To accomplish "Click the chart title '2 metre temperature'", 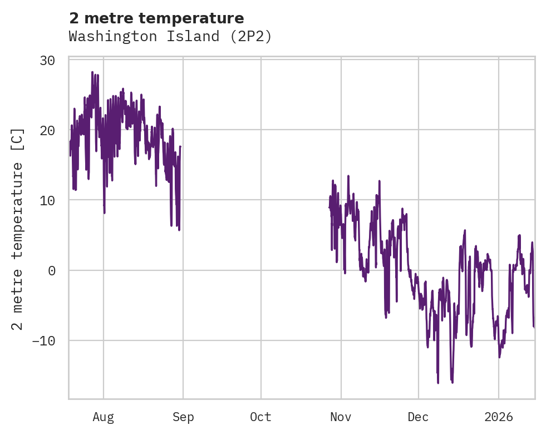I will pos(156,18).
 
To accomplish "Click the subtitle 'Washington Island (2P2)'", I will pos(170,36).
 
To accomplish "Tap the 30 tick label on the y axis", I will pos(47,60).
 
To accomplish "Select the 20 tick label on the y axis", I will pos(47,130).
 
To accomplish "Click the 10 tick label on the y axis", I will pos(47,200).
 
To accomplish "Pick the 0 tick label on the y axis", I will pos(51,270).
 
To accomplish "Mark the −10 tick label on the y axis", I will pos(42,340).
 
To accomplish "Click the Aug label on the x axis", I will pos(104,417).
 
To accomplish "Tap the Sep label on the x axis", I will pos(183,417).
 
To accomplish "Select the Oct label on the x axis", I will pos(260,417).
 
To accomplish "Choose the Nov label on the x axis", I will pos(341,417).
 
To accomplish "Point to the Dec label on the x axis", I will pos(418,417).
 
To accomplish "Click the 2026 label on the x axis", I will pos(499,417).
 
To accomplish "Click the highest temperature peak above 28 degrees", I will pos(92,72).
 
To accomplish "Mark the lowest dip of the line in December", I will pos(438,383).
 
